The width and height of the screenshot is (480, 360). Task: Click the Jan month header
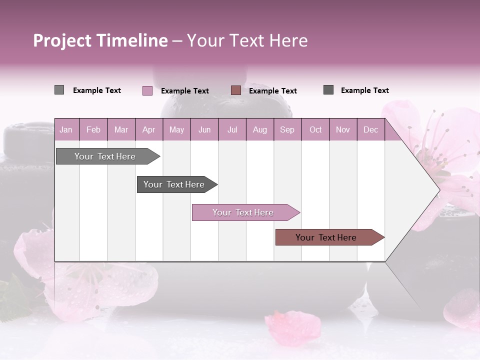click(x=66, y=129)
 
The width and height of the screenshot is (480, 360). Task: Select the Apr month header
click(x=148, y=129)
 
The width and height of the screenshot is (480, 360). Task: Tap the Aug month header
click(x=259, y=129)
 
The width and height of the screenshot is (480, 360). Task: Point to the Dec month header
click(x=370, y=129)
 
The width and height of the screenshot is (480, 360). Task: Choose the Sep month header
click(x=287, y=129)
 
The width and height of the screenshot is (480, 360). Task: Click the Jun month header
click(x=204, y=129)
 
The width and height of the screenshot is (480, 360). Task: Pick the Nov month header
click(x=342, y=129)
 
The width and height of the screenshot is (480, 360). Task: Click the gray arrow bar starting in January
click(x=105, y=156)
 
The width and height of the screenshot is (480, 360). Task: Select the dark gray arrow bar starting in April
click(x=174, y=184)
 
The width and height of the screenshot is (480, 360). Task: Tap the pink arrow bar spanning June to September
click(x=243, y=212)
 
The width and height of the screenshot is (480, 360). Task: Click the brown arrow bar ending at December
click(x=326, y=237)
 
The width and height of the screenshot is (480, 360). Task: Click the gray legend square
click(x=59, y=90)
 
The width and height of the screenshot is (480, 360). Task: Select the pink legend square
click(x=147, y=90)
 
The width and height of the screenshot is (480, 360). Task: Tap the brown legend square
click(x=236, y=90)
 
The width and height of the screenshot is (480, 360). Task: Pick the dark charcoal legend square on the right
click(x=328, y=90)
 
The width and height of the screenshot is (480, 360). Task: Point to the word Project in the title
click(x=62, y=40)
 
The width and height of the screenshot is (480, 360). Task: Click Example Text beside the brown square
click(x=272, y=90)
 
